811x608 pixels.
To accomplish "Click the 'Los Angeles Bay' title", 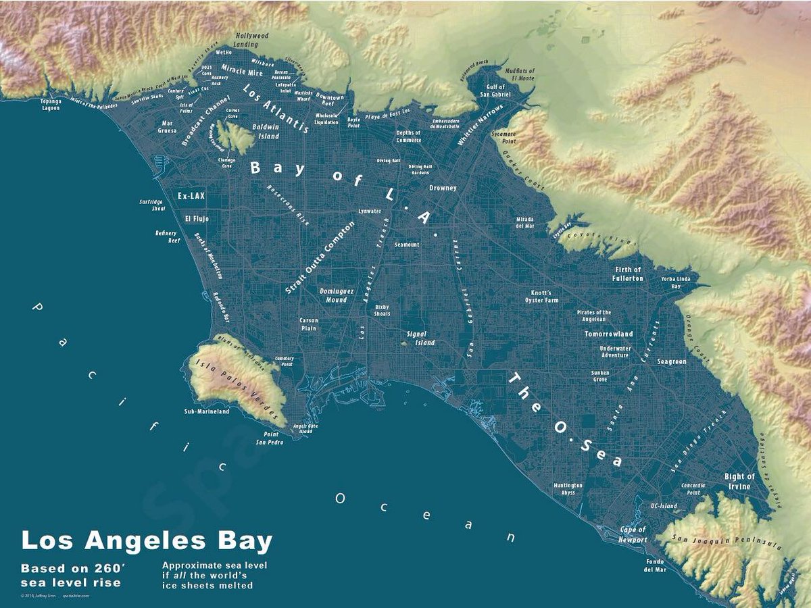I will [147, 541].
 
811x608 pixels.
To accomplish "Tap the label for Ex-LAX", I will [191, 196].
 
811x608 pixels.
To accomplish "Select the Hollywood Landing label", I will [251, 40].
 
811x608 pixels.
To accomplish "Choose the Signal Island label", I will [420, 338].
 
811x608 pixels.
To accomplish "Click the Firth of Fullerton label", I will [627, 274].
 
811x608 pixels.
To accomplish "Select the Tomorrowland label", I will [608, 334].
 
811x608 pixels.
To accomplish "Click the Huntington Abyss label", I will [568, 489].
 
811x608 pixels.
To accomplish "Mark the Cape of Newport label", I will [633, 534].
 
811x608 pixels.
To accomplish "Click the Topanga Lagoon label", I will [51, 105].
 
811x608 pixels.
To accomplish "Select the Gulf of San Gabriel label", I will [495, 91].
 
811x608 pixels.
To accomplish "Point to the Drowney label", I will [443, 188].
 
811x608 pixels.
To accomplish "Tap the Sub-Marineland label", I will [207, 411].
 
